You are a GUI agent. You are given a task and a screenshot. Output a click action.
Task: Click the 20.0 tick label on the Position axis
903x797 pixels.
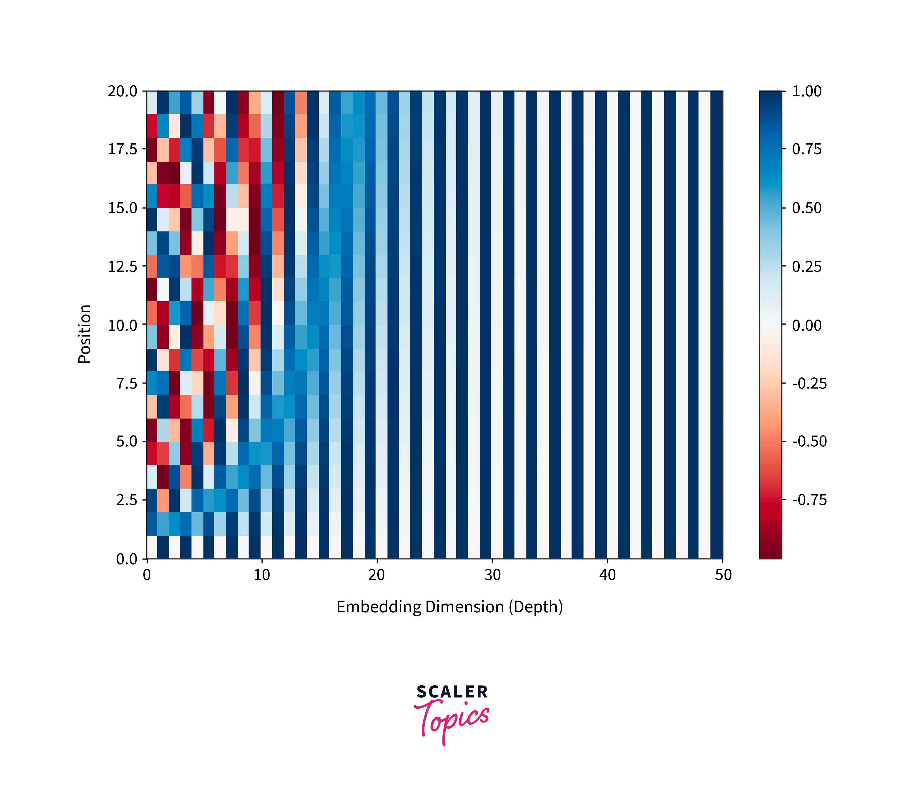click(122, 91)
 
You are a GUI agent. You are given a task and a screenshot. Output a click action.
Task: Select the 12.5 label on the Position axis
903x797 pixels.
click(122, 267)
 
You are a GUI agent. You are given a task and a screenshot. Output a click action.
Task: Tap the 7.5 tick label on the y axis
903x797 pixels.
click(127, 383)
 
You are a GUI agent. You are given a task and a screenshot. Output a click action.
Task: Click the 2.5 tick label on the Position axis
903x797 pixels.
click(127, 500)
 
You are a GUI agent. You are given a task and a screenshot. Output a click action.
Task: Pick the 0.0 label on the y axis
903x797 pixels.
click(127, 559)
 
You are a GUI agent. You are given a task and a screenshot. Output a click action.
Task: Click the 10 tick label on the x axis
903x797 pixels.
click(262, 575)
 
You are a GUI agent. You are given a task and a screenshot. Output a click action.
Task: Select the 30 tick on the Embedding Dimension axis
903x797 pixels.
click(492, 575)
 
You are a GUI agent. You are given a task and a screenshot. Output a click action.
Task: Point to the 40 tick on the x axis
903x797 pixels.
click(607, 575)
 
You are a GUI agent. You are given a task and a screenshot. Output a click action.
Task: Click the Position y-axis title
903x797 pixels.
click(84, 334)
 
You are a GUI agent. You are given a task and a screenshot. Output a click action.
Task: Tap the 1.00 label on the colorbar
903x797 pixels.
click(807, 91)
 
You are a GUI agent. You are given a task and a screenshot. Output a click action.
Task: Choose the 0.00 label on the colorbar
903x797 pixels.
click(807, 325)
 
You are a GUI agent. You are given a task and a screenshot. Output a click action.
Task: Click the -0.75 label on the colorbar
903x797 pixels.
click(809, 500)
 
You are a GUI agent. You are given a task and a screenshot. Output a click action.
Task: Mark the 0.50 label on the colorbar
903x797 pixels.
click(807, 208)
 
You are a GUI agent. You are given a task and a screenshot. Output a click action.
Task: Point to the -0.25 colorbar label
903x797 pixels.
click(809, 383)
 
